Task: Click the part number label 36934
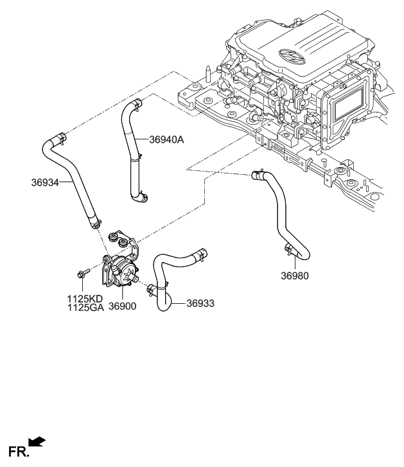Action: tap(44, 182)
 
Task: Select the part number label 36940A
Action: tap(166, 139)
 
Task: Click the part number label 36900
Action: tap(122, 308)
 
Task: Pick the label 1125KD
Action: tap(85, 299)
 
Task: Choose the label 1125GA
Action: tap(85, 308)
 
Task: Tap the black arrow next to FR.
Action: tap(37, 441)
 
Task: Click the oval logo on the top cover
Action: tap(293, 57)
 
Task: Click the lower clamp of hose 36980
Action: tap(288, 249)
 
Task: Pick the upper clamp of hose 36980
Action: tap(259, 173)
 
